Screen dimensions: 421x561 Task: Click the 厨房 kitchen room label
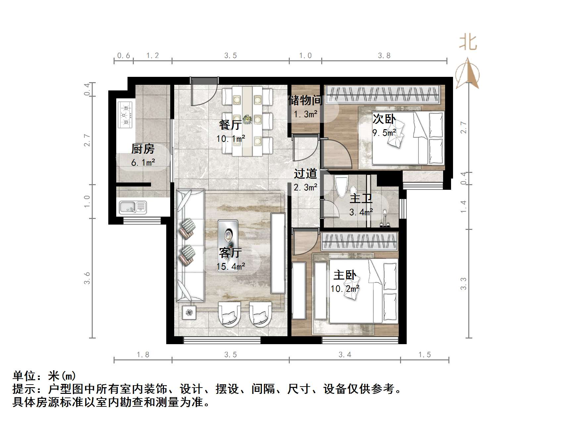tap(143, 149)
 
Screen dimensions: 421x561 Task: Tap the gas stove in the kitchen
tap(125, 115)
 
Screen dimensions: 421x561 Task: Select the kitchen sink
tap(132, 207)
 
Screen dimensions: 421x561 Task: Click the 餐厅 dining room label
tap(230, 125)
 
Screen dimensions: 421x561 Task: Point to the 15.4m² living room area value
tap(231, 266)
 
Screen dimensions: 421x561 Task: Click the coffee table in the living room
tap(228, 245)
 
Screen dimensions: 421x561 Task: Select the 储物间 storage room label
tap(305, 100)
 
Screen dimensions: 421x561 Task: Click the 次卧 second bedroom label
tap(384, 119)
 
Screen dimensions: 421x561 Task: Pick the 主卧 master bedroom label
tap(345, 275)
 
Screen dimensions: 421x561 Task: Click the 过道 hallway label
tap(305, 173)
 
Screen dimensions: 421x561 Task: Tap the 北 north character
tap(468, 42)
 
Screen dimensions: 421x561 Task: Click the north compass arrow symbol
tap(467, 74)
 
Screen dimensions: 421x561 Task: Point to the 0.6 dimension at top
tap(124, 55)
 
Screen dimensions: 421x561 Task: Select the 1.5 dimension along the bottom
tap(425, 355)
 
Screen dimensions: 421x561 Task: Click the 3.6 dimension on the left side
tap(87, 278)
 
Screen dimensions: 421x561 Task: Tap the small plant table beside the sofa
tap(189, 312)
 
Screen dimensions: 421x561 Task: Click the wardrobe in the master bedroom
tap(359, 241)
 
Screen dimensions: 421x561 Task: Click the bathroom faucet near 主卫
tap(385, 219)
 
